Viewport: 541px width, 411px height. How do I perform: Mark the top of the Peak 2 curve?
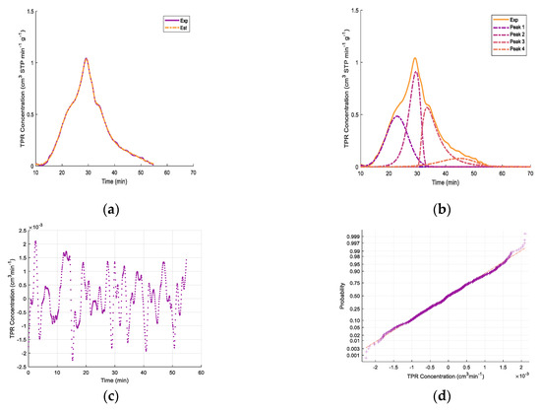tap(416, 71)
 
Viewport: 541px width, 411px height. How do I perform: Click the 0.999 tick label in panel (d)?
tap(351, 237)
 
